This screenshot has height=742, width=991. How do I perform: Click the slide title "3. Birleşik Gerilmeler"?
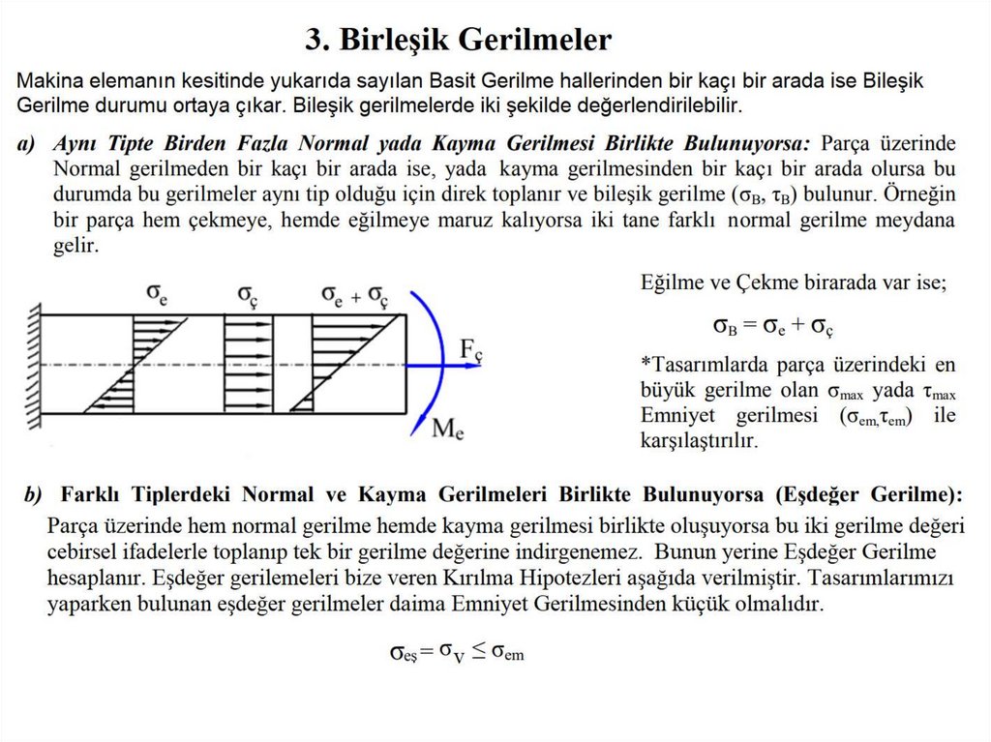tap(459, 40)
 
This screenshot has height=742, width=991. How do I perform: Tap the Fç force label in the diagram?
tap(470, 351)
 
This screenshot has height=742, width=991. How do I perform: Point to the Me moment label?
tap(447, 428)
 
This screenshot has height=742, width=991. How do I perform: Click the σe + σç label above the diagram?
tap(355, 292)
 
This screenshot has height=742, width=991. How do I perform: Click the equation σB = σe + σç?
tap(773, 325)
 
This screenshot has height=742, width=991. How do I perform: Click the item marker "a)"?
tap(26, 144)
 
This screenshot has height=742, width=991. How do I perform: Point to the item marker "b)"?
tap(34, 495)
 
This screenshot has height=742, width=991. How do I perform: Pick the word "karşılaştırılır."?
tap(699, 440)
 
